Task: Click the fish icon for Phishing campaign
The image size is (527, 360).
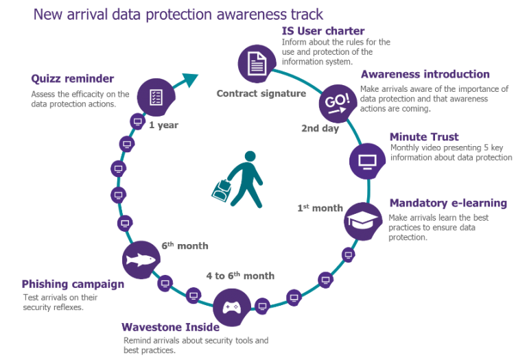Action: (142, 259)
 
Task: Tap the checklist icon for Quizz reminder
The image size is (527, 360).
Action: (155, 96)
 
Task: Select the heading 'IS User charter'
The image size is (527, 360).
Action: (323, 31)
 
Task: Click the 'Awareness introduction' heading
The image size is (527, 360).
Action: (425, 75)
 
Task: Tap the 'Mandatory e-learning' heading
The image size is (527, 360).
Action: (448, 204)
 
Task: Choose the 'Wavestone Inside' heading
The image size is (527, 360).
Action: (171, 327)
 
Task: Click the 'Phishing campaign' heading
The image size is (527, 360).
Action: (73, 284)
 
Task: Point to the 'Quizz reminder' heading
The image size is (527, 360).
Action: (72, 77)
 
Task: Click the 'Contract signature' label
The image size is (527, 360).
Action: (261, 93)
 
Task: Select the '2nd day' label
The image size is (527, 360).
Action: (320, 128)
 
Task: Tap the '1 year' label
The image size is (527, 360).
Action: (163, 125)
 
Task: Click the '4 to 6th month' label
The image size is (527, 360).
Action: (240, 276)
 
